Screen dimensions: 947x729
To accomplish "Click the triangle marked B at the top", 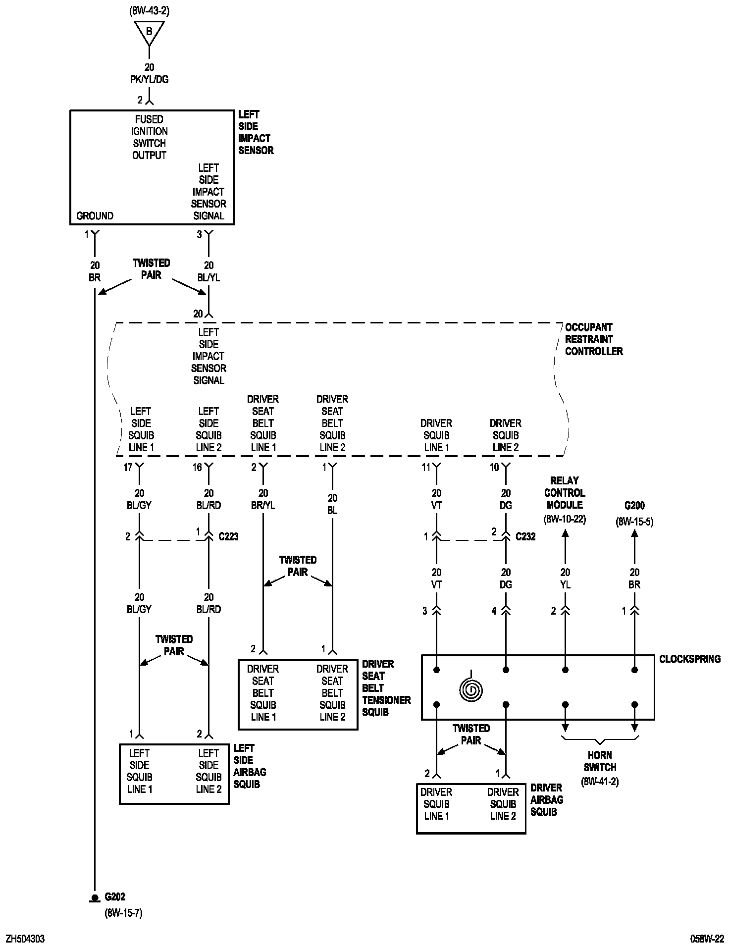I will pyautogui.click(x=149, y=32).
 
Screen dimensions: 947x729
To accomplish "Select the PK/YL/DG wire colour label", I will pyautogui.click(x=149, y=79).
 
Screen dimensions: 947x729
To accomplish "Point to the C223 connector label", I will pyautogui.click(x=228, y=536).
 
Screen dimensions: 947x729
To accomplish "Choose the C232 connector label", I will pyautogui.click(x=525, y=536).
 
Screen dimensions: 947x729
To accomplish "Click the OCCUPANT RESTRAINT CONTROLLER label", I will pyautogui.click(x=593, y=339).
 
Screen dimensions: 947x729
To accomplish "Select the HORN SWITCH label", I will pyautogui.click(x=600, y=761).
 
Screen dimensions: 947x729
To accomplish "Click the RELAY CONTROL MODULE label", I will pyautogui.click(x=565, y=493).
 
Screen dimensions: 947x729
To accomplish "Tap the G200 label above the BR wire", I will pyautogui.click(x=634, y=506).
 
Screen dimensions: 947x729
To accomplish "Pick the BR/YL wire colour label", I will pyautogui.click(x=263, y=505).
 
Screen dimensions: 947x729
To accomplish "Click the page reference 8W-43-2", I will pyautogui.click(x=149, y=11).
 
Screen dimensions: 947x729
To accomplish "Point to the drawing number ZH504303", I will pyautogui.click(x=25, y=939).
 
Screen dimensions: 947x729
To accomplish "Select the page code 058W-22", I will pyautogui.click(x=707, y=939).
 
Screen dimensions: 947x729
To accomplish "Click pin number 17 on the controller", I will pyautogui.click(x=128, y=467).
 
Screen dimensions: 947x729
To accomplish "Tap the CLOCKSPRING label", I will pyautogui.click(x=689, y=659).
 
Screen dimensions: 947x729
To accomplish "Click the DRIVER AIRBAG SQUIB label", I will pyautogui.click(x=546, y=799).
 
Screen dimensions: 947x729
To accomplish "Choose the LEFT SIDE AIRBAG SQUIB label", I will pyautogui.click(x=250, y=766).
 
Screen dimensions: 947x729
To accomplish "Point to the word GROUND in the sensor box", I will pyautogui.click(x=95, y=216).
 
